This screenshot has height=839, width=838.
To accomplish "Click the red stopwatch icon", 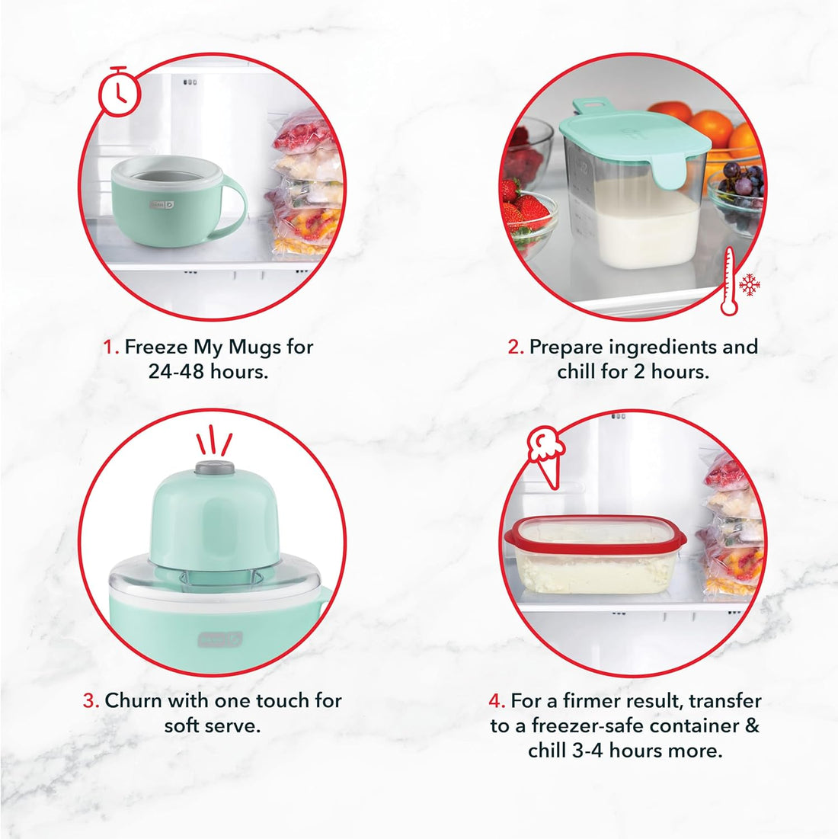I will pyautogui.click(x=120, y=93).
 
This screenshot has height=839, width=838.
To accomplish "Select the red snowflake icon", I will pyautogui.click(x=750, y=285).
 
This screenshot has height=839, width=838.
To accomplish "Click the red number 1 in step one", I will pyautogui.click(x=110, y=347).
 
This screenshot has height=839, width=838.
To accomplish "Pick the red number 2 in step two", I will pyautogui.click(x=516, y=347).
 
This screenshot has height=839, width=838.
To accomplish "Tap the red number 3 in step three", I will pyautogui.click(x=91, y=701).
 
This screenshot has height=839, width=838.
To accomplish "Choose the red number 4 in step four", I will pyautogui.click(x=497, y=701).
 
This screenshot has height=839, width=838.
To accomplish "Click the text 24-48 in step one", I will pyautogui.click(x=176, y=373).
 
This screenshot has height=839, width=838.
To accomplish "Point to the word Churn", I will pyautogui.click(x=133, y=701).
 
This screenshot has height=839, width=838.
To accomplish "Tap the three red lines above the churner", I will pyautogui.click(x=214, y=440).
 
